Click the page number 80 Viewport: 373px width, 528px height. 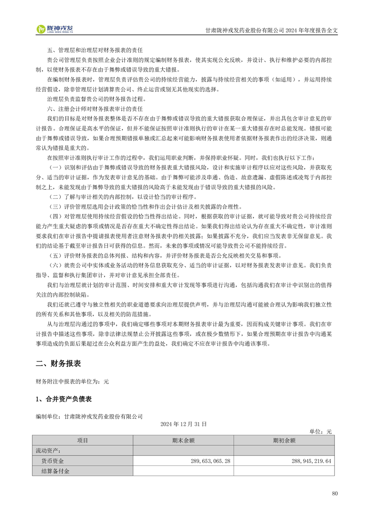tap(334, 493)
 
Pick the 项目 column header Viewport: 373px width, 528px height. tap(82, 440)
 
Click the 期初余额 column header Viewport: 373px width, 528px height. tap(284, 440)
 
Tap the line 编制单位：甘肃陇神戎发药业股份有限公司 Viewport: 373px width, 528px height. tap(89, 416)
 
